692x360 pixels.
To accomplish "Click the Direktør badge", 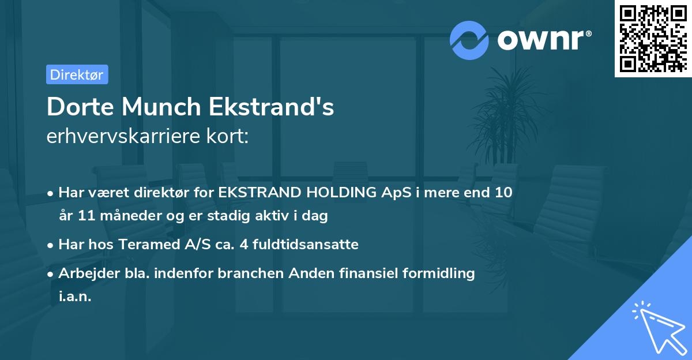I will click(x=77, y=74).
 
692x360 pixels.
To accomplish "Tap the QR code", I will click(x=653, y=38).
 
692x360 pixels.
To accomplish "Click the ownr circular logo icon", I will click(x=469, y=40).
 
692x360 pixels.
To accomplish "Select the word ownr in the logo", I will click(x=544, y=40).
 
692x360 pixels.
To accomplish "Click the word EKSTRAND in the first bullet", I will click(x=257, y=193).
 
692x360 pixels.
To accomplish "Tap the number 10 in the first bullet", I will click(x=503, y=193).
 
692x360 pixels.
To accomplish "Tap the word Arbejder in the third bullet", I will click(x=84, y=273).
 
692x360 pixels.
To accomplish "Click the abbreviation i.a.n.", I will click(x=75, y=297).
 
